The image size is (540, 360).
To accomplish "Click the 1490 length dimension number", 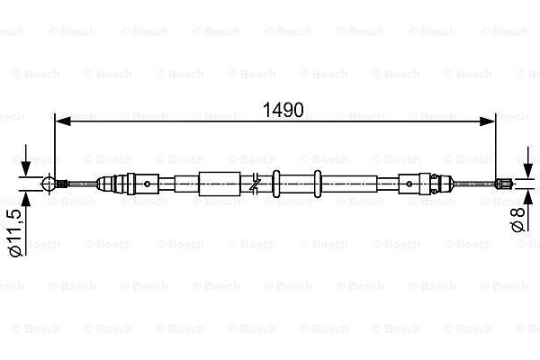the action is (x=283, y=110).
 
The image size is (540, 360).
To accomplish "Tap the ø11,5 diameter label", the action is (x=15, y=233).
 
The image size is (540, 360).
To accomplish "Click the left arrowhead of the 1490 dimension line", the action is (x=63, y=121).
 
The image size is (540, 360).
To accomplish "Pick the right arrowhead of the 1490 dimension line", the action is (x=487, y=121).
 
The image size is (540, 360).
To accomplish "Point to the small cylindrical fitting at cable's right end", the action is (x=502, y=184).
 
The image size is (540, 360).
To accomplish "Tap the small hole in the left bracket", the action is (x=147, y=184).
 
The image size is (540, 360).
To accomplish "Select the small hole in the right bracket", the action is (x=409, y=184).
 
